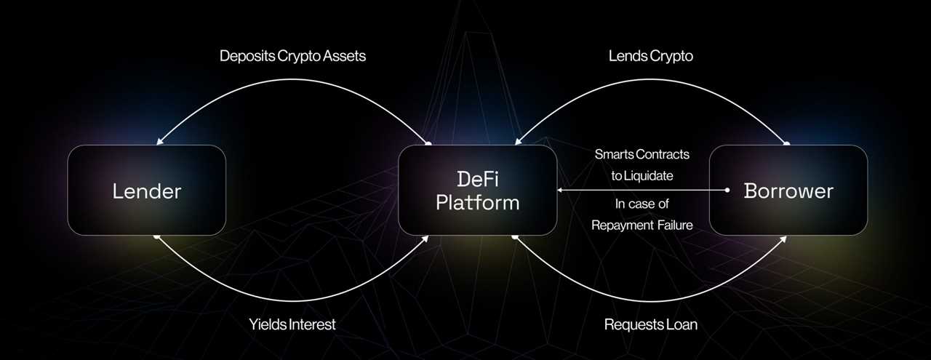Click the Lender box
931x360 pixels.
146,191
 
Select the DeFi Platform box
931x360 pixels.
477,191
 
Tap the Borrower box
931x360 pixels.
788,191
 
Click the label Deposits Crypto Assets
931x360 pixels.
292,56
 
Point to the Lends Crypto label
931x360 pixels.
650,56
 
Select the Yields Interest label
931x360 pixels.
293,324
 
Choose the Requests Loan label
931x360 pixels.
650,324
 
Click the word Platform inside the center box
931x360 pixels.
477,202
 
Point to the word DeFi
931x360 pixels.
477,178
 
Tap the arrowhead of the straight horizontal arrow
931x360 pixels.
561,191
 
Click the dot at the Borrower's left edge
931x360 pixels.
727,191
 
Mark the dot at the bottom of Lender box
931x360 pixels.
156,236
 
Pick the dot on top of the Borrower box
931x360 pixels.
786,144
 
